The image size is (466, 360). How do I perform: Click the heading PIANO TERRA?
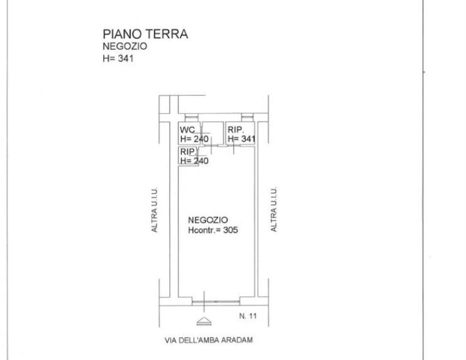pos(145,34)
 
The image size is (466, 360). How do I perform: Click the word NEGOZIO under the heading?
pos(125,46)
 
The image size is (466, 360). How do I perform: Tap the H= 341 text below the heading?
pos(118,58)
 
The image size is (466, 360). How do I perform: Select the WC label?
pos(187,130)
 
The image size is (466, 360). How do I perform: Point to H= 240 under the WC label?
pos(194,139)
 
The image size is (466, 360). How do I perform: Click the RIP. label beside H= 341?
pos(236,130)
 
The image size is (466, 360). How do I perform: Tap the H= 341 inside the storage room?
pos(242,139)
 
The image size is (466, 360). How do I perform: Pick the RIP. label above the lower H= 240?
pos(188,152)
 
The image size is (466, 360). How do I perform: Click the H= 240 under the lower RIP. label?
pos(194,161)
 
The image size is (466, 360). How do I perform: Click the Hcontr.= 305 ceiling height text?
pos(213,230)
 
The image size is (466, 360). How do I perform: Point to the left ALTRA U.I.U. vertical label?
pos(154,209)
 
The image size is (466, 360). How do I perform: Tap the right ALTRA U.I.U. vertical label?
pos(273,209)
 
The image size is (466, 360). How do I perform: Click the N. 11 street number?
pos(248,316)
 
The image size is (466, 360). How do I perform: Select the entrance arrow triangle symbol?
pos(204,321)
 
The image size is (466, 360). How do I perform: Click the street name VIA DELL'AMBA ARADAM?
pos(209,340)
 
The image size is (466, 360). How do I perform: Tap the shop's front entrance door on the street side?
pos(216,302)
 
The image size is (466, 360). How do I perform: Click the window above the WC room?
pos(191,118)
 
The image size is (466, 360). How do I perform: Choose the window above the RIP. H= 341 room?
pos(247,118)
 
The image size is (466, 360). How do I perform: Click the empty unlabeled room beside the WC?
pos(213,133)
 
